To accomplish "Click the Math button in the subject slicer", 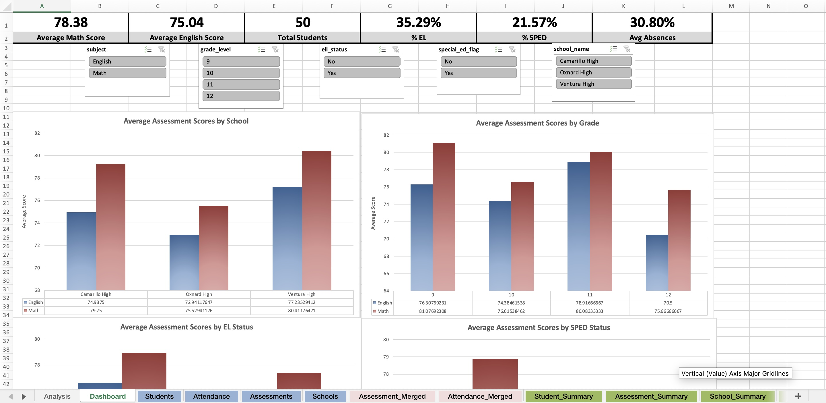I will [x=127, y=73].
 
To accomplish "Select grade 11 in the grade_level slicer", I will [x=241, y=84].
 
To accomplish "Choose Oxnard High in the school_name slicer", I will [x=593, y=72].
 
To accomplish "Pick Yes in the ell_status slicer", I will [x=362, y=73].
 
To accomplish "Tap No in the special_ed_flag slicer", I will [x=478, y=61].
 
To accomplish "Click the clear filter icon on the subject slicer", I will [x=162, y=49].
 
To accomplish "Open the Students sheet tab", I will [x=159, y=396].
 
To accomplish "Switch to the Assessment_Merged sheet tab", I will [x=392, y=396].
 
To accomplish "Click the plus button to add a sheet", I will [x=798, y=396].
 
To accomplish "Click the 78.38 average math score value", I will [x=71, y=22].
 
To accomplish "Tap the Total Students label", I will [x=302, y=38].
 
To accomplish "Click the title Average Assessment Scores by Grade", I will [x=537, y=123].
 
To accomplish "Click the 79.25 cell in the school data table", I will [x=96, y=311].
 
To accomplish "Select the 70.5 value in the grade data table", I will [x=668, y=303].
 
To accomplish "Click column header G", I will [x=390, y=6].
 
